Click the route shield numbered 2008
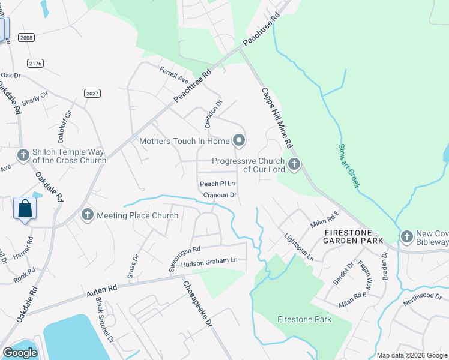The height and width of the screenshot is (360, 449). (x=26, y=38)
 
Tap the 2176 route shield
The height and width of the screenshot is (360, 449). (x=35, y=63)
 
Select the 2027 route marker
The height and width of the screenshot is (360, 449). (x=92, y=93)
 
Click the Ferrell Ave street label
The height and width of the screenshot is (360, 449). (x=173, y=75)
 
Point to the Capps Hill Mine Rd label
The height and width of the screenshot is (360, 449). (x=276, y=118)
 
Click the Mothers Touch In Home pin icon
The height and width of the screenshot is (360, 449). (x=240, y=141)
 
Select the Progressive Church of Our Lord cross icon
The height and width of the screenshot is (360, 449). (x=294, y=164)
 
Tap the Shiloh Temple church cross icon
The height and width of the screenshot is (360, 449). (x=23, y=155)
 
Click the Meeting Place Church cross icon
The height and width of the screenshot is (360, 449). (x=88, y=215)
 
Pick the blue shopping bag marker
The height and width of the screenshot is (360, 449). (x=25, y=209)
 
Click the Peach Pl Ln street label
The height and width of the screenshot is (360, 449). (x=217, y=184)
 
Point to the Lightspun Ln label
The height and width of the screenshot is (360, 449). (x=299, y=246)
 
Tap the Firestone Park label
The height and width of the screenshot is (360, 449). (x=304, y=319)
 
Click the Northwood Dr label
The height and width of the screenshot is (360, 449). (x=423, y=298)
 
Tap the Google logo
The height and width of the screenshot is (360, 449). (x=20, y=353)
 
